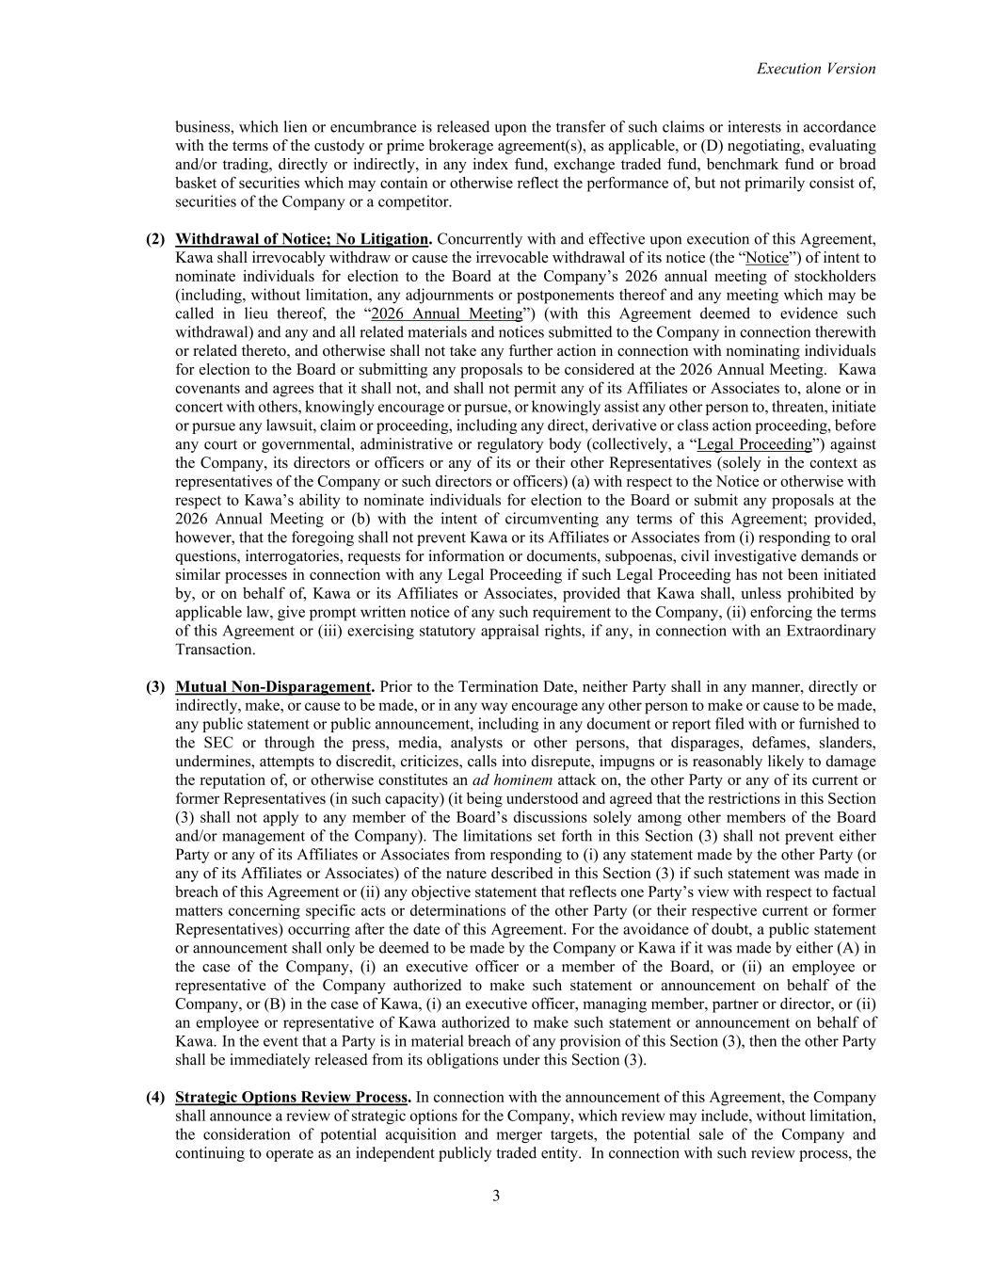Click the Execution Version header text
click(x=815, y=69)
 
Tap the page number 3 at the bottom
click(x=496, y=1197)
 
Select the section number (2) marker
click(x=155, y=239)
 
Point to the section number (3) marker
click(x=155, y=687)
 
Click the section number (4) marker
click(x=155, y=1098)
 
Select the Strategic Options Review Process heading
click(x=292, y=1098)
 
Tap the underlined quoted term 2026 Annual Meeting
click(x=446, y=313)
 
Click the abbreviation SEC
click(x=191, y=743)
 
